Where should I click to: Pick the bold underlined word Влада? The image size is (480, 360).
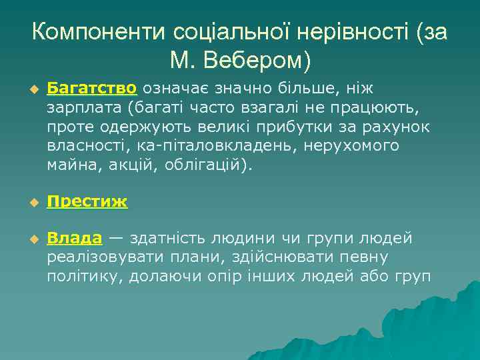(x=74, y=239)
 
